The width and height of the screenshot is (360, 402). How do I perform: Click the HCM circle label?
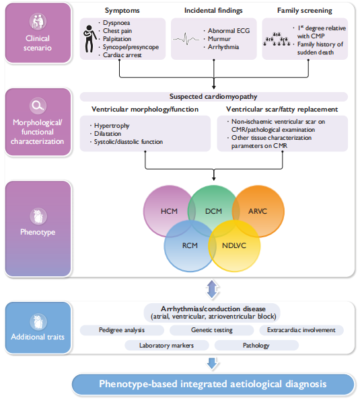tap(169, 211)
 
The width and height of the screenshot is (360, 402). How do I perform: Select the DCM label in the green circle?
tap(213, 211)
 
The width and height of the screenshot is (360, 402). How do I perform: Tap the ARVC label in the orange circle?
tap(258, 211)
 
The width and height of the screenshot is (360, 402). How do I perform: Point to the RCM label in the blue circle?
tap(190, 245)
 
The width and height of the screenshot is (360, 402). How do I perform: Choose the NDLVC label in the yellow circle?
tap(234, 245)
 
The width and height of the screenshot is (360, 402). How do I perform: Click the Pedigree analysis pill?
tap(122, 330)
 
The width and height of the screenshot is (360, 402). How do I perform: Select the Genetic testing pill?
tap(212, 330)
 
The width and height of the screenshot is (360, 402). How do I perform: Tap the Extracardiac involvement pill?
tap(301, 330)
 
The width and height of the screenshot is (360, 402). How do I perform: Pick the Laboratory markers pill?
tap(166, 346)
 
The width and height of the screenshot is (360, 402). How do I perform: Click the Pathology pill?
tap(256, 346)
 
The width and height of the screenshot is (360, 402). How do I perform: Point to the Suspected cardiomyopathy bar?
tap(214, 97)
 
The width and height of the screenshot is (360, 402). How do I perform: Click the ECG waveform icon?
tap(186, 39)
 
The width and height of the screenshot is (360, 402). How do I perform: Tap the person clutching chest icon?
tap(89, 39)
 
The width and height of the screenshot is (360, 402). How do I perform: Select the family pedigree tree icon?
tap(277, 40)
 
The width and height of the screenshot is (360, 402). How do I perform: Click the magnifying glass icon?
tap(38, 106)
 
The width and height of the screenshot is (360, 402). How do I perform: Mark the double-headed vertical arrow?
tap(212, 289)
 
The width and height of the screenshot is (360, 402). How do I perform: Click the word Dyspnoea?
tap(116, 23)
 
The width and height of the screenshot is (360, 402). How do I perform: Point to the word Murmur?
tap(219, 39)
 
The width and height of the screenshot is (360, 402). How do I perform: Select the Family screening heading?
tap(305, 11)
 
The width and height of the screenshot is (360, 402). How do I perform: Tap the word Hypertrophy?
tap(112, 126)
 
